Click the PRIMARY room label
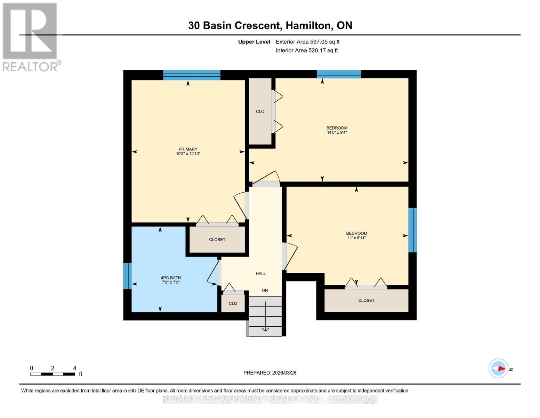[x=188, y=149]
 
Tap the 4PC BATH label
[x=171, y=278]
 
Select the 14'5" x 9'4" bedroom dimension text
[x=337, y=132]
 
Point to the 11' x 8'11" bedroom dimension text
[x=356, y=238]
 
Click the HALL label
[x=260, y=273]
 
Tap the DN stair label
[x=265, y=291]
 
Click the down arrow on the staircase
[x=265, y=317]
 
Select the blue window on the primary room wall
[x=192, y=75]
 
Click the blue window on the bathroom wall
[x=127, y=276]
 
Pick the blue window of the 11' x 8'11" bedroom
[x=412, y=230]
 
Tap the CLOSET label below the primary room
[x=217, y=240]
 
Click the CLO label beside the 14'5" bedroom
[x=260, y=111]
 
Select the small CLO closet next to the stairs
[x=233, y=303]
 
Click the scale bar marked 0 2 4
[x=53, y=374]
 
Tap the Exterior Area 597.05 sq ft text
[x=307, y=42]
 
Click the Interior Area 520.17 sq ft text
[x=307, y=51]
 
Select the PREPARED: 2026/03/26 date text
[x=270, y=373]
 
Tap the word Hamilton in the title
[x=308, y=25]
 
